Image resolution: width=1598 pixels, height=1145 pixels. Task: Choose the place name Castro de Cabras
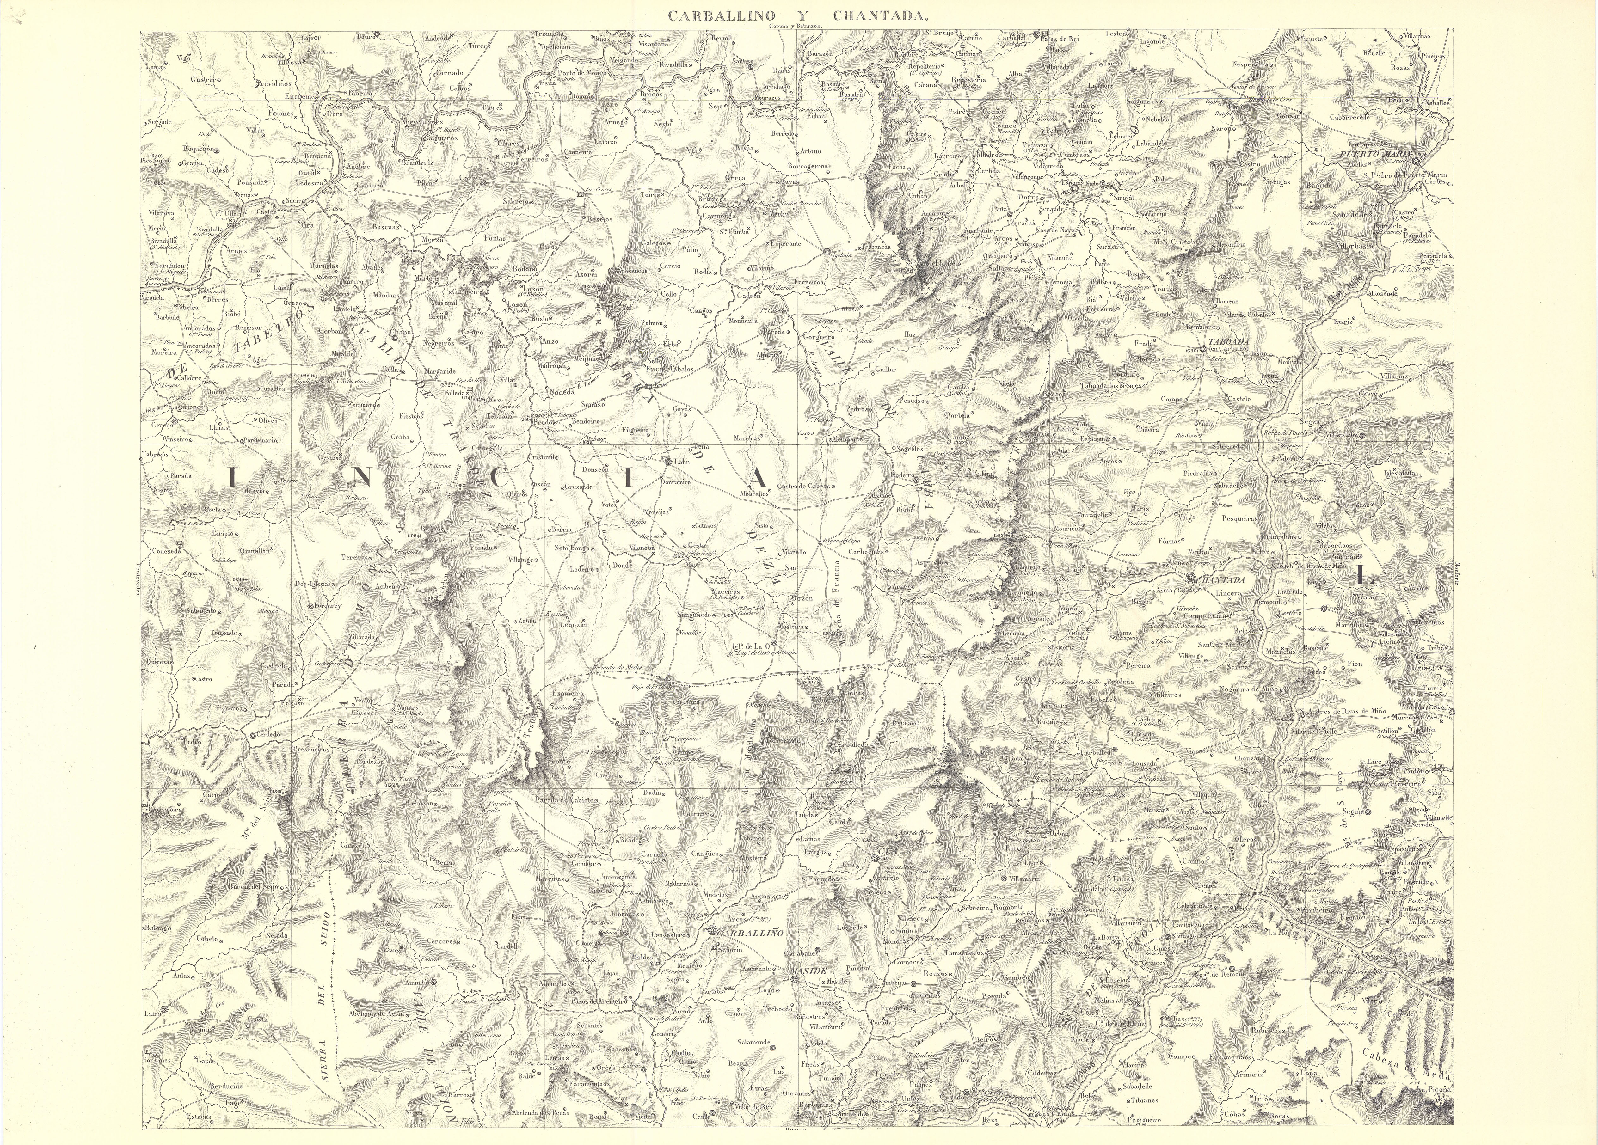pos(804,486)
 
